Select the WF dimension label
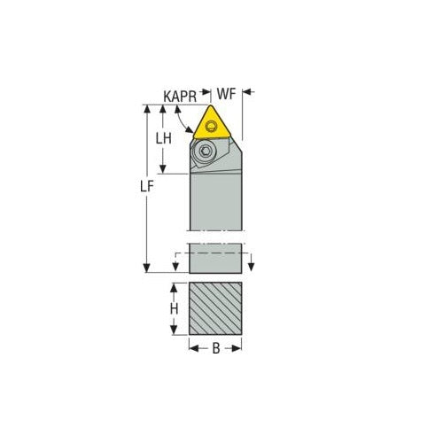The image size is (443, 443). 229,92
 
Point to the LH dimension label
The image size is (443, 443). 163,138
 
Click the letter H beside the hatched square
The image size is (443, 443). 175,308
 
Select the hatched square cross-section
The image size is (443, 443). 215,308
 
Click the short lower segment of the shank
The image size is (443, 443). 215,258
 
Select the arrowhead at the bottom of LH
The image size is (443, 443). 163,169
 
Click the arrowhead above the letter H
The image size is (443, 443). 175,289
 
